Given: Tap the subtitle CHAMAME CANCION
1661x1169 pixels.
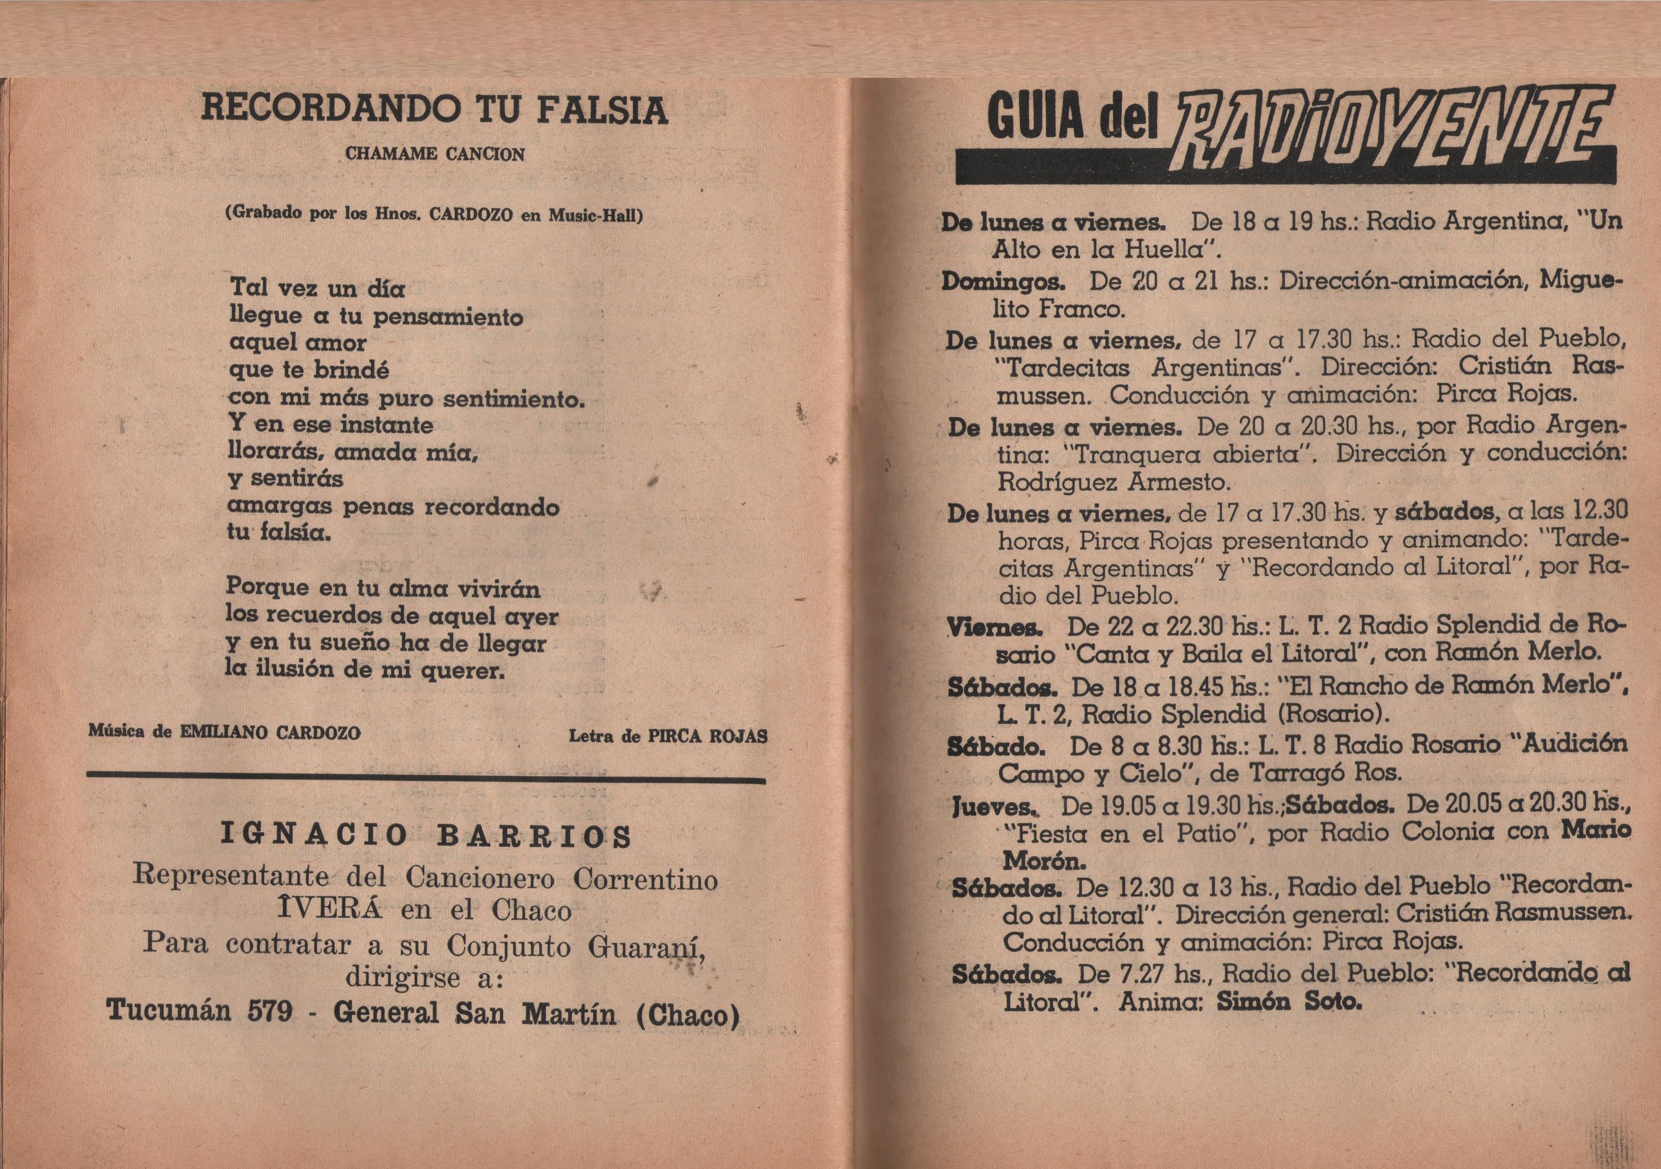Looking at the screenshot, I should pyautogui.click(x=435, y=154).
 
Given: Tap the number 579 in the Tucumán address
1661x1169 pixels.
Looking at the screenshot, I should pyautogui.click(x=270, y=1009).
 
